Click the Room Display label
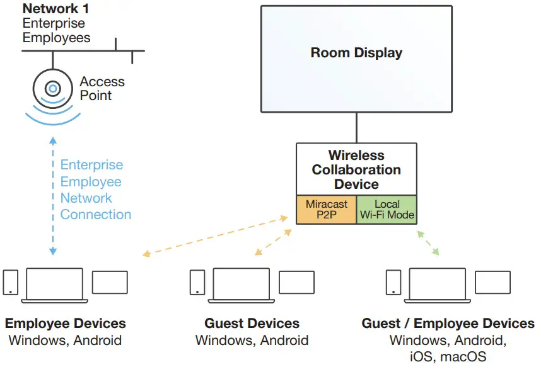[356, 53]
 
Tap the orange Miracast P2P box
[326, 210]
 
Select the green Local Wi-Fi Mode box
[387, 210]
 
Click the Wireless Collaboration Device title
[356, 169]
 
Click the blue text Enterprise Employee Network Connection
[96, 189]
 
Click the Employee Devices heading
[66, 324]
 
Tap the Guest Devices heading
[252, 324]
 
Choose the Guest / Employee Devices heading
[448, 324]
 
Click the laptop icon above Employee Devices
[54, 285]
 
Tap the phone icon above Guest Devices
[197, 282]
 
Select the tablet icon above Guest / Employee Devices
[492, 283]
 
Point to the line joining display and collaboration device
[356, 128]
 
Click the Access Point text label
[102, 89]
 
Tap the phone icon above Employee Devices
[11, 282]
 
